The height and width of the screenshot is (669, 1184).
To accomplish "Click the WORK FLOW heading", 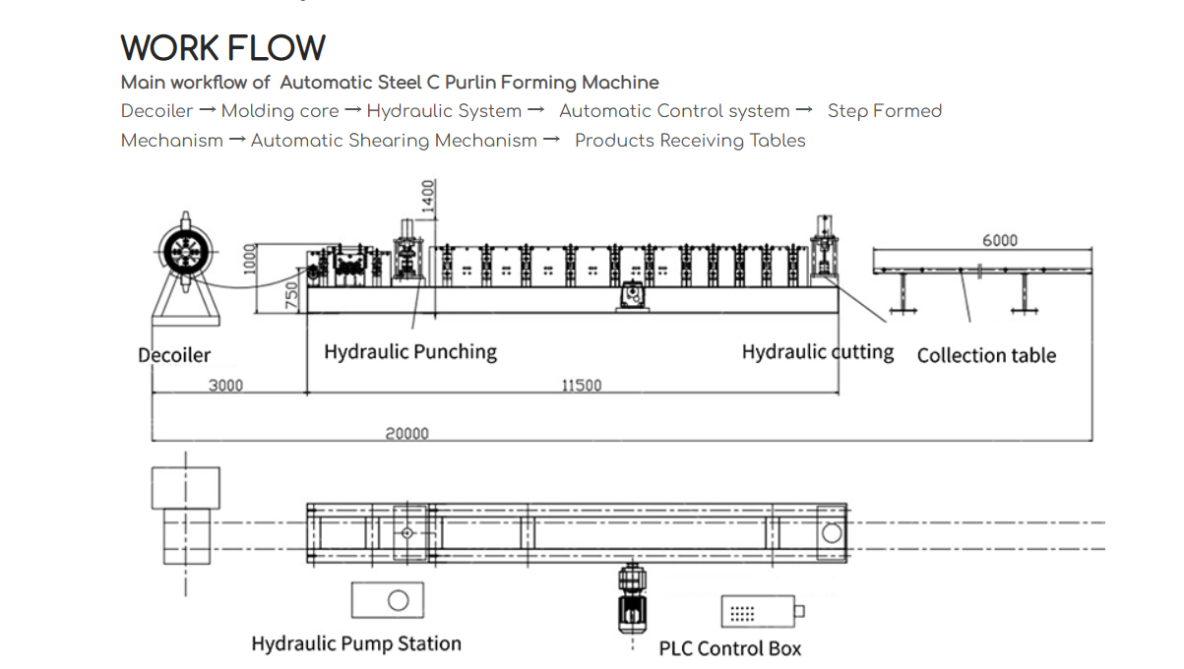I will (222, 48).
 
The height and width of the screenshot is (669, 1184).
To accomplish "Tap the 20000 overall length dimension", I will (406, 433).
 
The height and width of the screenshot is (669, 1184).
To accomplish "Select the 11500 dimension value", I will (581, 385).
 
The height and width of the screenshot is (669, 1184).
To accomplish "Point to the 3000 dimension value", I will (225, 385).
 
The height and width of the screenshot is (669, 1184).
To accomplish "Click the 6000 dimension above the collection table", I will (999, 240).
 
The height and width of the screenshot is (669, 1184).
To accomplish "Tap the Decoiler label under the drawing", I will (174, 355).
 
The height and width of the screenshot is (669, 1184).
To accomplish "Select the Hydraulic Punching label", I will (410, 351).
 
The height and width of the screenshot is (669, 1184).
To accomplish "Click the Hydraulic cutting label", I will (817, 351).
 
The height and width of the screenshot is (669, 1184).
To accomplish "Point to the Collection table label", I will (986, 355).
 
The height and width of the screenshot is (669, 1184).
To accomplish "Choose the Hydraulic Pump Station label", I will (356, 643).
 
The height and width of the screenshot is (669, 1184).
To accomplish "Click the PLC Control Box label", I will (729, 648).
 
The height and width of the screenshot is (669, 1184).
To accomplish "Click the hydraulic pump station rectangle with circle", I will (388, 599).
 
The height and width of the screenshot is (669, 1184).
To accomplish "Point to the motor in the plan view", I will (630, 600).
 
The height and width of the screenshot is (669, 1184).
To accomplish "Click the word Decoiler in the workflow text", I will (156, 111).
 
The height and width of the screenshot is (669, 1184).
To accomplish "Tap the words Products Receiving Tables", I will (690, 141).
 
